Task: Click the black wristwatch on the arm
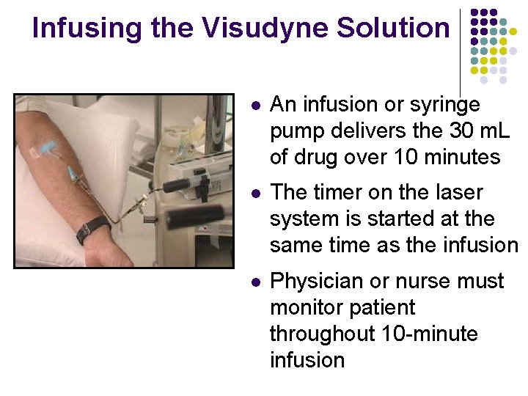pyautogui.click(x=92, y=230)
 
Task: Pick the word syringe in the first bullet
pyautogui.click(x=447, y=105)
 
